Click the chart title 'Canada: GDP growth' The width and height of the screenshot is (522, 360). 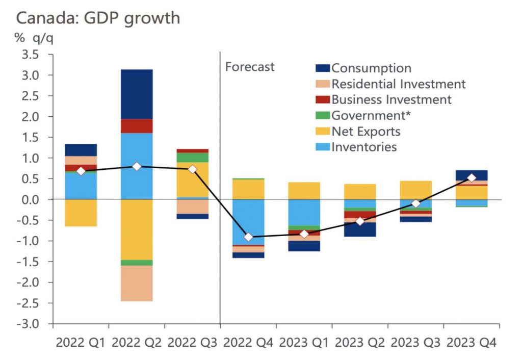98,18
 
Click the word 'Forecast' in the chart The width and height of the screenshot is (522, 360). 250,67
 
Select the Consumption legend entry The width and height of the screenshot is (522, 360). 371,68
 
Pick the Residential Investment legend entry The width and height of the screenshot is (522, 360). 398,84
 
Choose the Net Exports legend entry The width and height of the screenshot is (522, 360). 366,132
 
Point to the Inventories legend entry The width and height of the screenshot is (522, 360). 364,147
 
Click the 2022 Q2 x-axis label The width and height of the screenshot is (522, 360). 137,343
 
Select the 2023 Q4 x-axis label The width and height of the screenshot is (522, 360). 472,343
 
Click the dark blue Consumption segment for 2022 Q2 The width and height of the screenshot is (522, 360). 137,94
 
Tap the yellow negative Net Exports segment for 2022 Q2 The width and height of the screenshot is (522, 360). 137,229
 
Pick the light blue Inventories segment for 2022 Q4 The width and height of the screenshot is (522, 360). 248,222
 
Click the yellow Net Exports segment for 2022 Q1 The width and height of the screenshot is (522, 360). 81,213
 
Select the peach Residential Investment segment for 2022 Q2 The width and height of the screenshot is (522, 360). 137,283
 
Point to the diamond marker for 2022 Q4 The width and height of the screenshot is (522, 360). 248,237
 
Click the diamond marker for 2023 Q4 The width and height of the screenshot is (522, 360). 472,178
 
